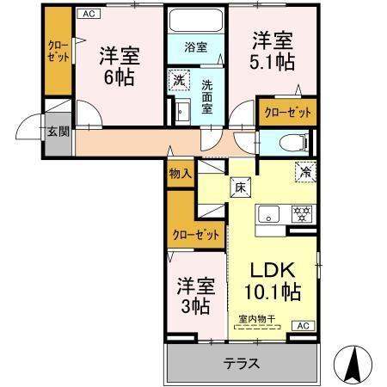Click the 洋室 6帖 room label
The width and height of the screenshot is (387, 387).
[x=119, y=65]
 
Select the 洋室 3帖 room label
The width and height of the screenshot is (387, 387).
[x=195, y=294]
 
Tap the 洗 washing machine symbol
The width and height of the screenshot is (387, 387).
[x=178, y=80]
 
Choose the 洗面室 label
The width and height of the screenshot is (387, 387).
[x=208, y=97]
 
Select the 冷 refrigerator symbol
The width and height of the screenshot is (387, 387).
[x=304, y=171]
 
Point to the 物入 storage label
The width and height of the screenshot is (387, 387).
[x=180, y=174]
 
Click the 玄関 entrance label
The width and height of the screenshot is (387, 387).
[x=58, y=132]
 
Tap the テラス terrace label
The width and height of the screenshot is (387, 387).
[x=242, y=362]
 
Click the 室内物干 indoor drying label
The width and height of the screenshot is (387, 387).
[x=255, y=319]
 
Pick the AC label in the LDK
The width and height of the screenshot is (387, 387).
[x=303, y=326]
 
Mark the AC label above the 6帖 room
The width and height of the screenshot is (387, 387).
[x=87, y=13]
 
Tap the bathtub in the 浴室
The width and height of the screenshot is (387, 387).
[x=194, y=21]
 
